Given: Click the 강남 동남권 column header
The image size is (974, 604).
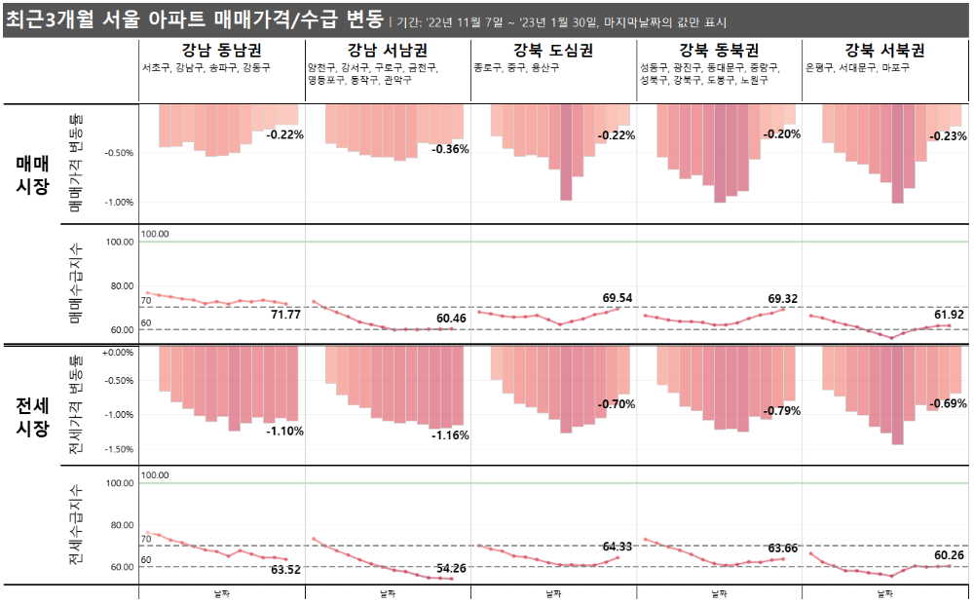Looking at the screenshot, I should click(x=221, y=51).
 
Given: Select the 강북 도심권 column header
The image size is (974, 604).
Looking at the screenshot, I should click(x=552, y=51).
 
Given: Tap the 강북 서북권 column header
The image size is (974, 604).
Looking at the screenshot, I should click(x=884, y=51).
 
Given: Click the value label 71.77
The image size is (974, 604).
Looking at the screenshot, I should click(x=285, y=315).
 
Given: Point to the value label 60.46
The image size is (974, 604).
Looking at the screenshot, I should click(x=451, y=319).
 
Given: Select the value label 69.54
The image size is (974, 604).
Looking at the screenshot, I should click(x=617, y=297).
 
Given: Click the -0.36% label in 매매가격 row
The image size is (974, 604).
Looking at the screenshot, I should click(x=450, y=149).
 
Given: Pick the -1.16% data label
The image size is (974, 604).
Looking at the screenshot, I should click(x=450, y=434).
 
